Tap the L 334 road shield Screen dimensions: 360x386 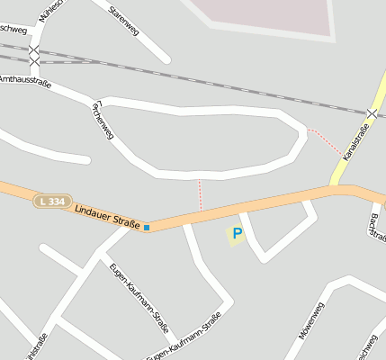pos(50,202)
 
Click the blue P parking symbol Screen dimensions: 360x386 pos(237,234)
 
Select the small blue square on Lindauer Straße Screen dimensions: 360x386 pos(147,228)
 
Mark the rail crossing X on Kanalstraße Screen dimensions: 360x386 pos(373,112)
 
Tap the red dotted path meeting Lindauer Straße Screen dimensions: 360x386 pos(200,194)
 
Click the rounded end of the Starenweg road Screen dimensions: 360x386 pos(166,59)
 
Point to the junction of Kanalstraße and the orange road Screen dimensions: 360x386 pos(340,188)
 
